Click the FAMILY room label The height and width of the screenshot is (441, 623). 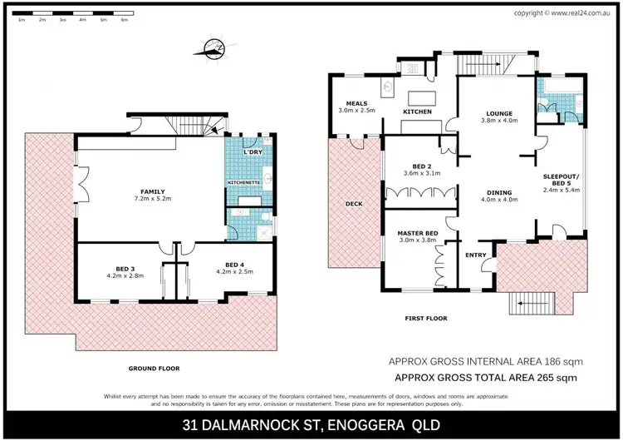(153, 191)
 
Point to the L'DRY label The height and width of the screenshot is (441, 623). (253, 153)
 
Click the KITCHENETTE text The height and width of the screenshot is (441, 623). (244, 181)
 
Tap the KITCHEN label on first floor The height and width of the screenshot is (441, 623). (417, 111)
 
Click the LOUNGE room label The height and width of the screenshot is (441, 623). (499, 113)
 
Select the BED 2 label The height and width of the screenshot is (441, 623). (420, 166)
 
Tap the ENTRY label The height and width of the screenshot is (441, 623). (477, 255)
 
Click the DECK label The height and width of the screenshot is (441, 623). (355, 203)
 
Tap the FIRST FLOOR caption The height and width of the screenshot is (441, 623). (426, 318)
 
